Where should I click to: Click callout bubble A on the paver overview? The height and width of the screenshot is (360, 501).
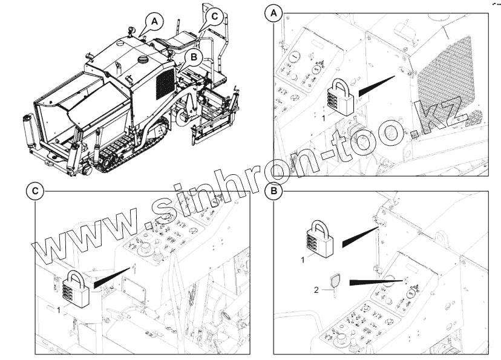pos(154,22)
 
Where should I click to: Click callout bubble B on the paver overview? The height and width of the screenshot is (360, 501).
pos(194,58)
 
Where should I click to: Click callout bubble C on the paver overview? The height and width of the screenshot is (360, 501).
pos(214,16)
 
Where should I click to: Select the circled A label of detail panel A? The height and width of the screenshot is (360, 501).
pos(274,14)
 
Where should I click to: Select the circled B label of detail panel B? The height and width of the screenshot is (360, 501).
pos(274,191)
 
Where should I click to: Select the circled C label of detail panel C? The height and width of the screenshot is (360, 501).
pos(35,191)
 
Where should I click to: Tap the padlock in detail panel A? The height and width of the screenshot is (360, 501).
pos(341,97)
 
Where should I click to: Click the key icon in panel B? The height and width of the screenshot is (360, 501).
pos(334,284)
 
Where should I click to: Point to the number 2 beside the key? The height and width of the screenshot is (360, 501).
pos(316,290)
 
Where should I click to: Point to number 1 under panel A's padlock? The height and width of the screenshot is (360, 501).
pos(323,119)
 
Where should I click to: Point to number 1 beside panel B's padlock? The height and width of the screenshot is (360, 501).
pos(303,260)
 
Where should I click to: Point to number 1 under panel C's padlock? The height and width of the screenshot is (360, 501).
pos(59,310)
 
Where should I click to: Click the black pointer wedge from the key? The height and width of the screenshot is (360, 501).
pos(377,283)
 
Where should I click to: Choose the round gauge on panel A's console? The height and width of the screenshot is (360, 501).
pos(294,57)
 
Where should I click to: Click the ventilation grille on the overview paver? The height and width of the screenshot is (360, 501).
pos(165,83)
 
